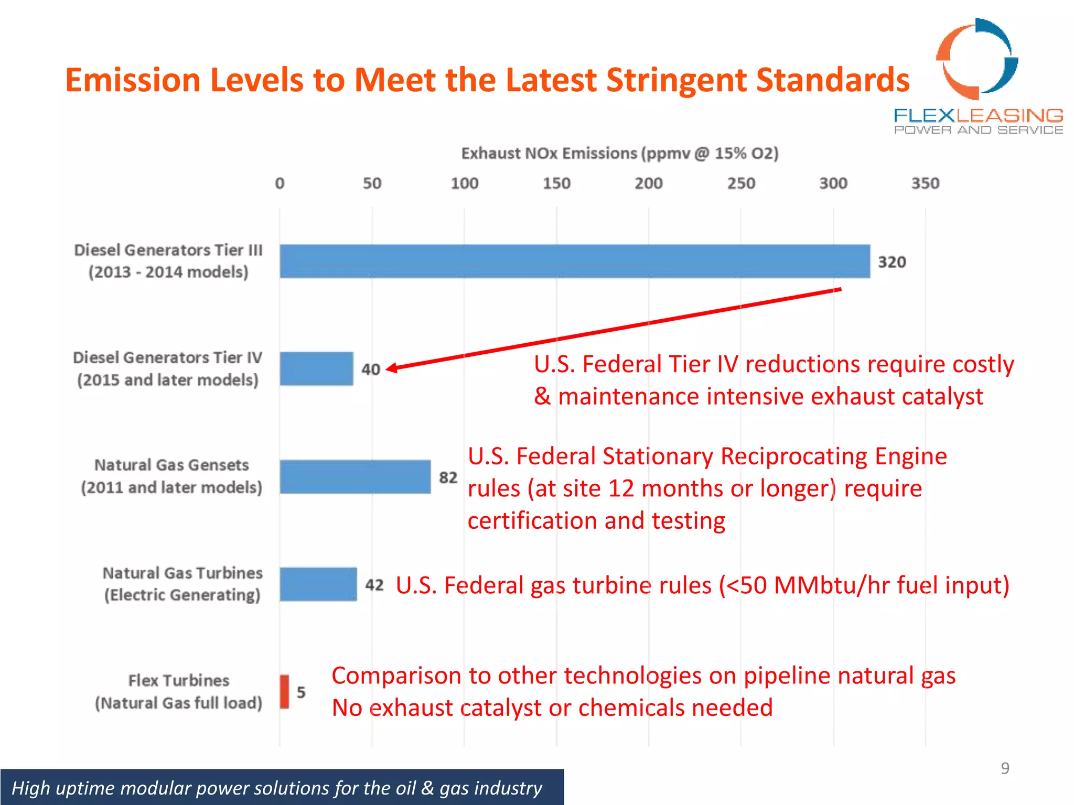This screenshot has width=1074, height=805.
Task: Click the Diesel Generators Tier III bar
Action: tap(574, 261)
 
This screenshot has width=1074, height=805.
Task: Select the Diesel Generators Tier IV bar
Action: tap(316, 368)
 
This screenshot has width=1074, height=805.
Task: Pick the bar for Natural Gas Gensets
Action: tap(355, 477)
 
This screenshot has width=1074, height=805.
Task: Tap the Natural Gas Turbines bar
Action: tap(318, 584)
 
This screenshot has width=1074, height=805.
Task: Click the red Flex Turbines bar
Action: tap(284, 692)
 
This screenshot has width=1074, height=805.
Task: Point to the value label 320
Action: tap(892, 262)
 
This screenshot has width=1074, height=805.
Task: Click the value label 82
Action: tap(448, 477)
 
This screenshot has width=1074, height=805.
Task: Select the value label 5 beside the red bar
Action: tap(301, 692)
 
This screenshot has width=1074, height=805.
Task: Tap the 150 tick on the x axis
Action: tap(556, 183)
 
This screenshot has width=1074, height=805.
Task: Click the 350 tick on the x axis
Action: tap(925, 183)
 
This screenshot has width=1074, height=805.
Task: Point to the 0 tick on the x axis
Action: tap(280, 183)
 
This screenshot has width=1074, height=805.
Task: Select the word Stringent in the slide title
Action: tap(676, 81)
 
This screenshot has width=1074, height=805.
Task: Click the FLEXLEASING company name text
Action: tap(978, 115)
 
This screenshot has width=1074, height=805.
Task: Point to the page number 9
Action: tap(1005, 768)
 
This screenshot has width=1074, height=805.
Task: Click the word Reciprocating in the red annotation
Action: tap(793, 456)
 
